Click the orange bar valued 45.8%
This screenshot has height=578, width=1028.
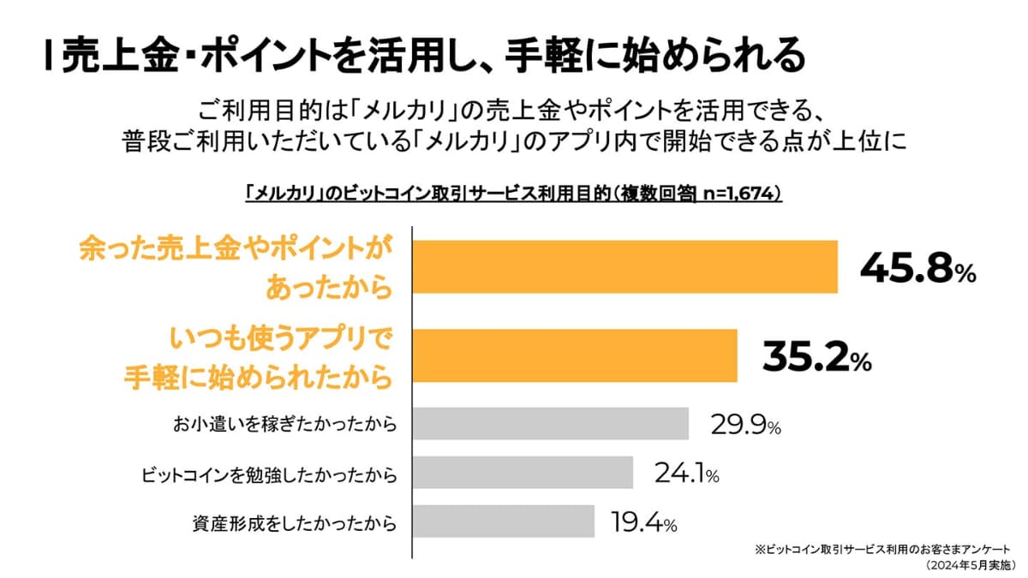pyautogui.click(x=625, y=267)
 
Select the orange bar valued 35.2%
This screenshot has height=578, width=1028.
pyautogui.click(x=575, y=355)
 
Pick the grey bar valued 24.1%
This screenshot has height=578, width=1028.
pyautogui.click(x=523, y=472)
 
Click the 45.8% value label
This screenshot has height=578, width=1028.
pyautogui.click(x=917, y=270)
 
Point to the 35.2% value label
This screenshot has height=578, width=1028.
pyautogui.click(x=816, y=357)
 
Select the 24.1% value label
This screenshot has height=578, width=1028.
pyautogui.click(x=685, y=473)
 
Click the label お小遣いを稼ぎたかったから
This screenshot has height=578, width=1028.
pyautogui.click(x=285, y=424)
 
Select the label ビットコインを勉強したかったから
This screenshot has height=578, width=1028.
pyautogui.click(x=269, y=473)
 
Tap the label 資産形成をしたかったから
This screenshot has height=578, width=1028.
pyautogui.click(x=296, y=521)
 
